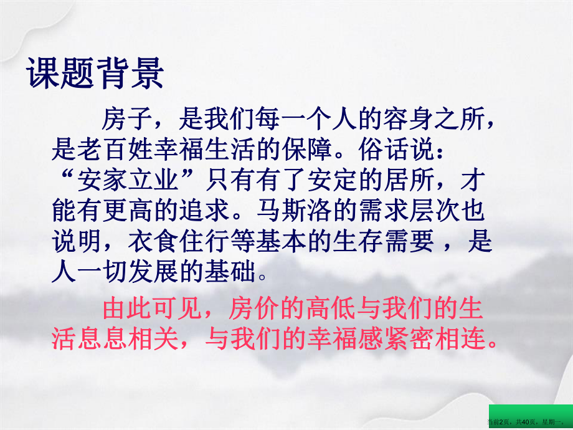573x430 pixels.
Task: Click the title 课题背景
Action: tap(95, 74)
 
